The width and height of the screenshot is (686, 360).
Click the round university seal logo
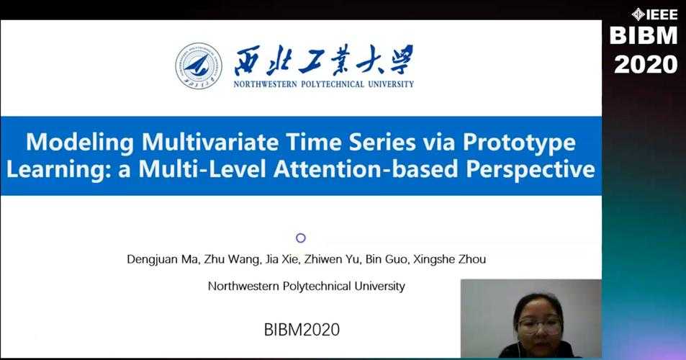(199, 66)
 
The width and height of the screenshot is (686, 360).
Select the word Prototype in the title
(519, 143)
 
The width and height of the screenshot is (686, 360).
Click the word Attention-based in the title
(366, 169)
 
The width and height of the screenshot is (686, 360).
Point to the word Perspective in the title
(531, 170)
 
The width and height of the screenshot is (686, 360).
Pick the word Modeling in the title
(80, 143)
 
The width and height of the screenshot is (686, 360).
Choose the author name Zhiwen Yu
(332, 259)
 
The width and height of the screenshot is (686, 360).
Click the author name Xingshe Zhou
(449, 259)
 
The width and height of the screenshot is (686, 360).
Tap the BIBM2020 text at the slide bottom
(302, 329)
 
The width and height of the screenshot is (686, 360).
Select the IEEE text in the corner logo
(662, 15)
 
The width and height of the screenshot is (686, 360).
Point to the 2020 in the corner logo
(646, 65)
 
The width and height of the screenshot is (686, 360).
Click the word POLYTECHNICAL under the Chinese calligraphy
(333, 84)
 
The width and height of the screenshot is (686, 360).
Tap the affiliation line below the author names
(306, 286)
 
